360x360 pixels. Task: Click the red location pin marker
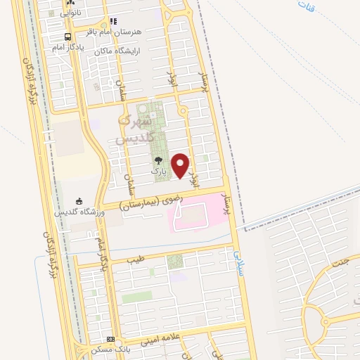181,165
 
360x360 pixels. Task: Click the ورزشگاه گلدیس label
79,212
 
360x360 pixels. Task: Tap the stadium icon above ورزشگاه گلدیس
79,200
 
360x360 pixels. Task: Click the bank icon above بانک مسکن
109,339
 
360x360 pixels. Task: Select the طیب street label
134,259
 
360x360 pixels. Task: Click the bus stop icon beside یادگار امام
67,37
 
